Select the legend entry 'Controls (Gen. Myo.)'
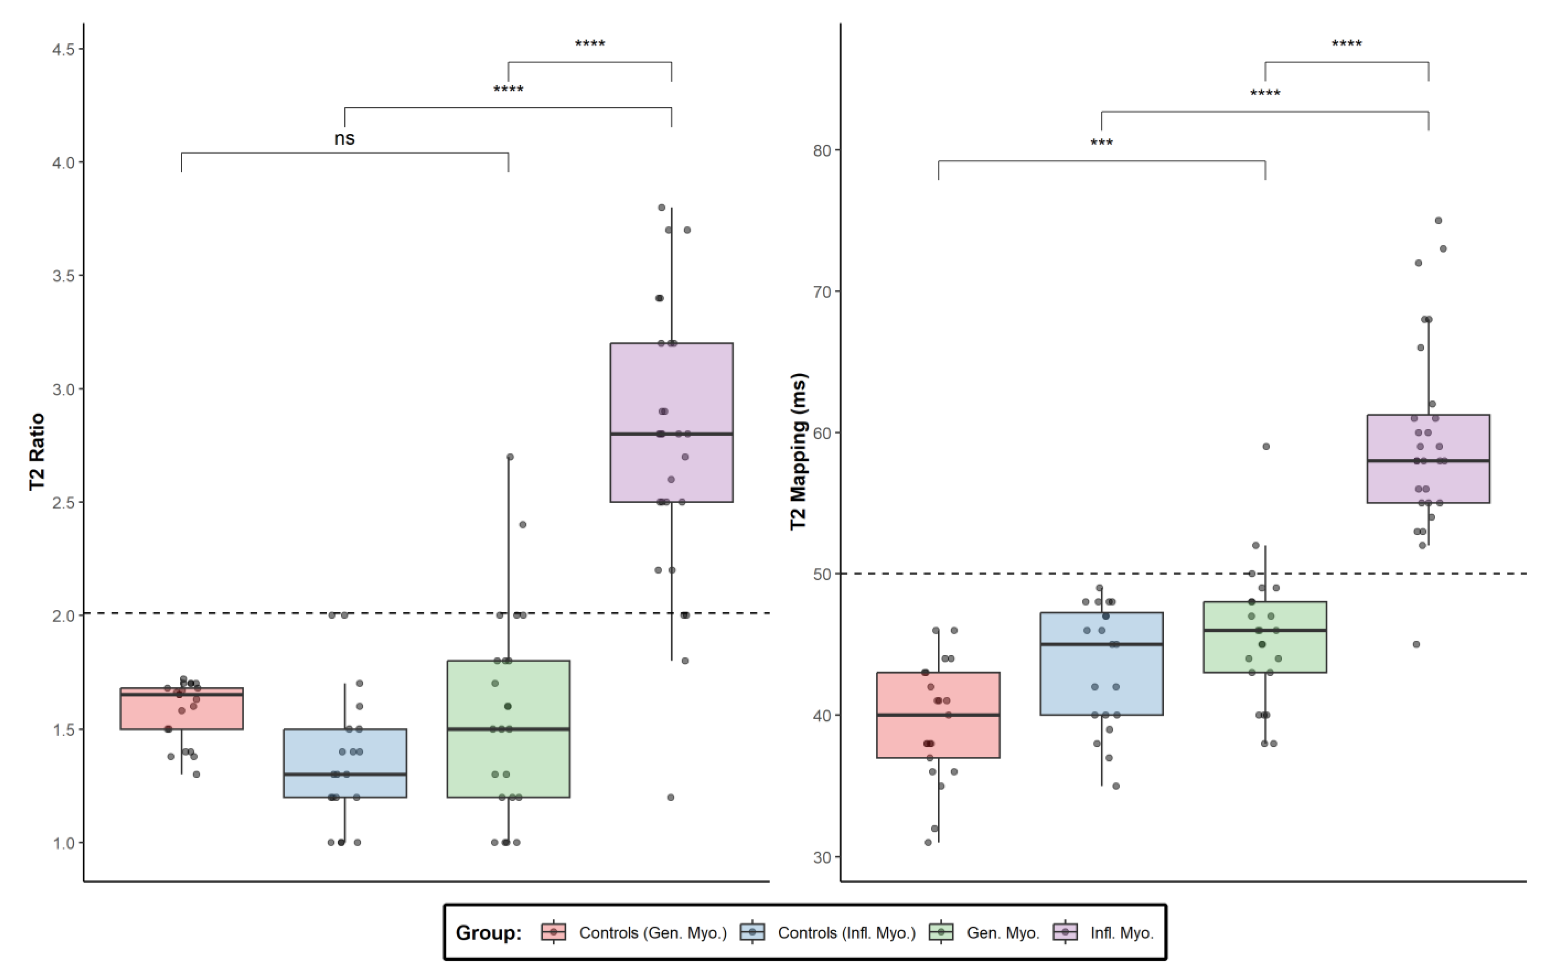[x=652, y=933]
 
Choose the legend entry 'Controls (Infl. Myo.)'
[x=846, y=933]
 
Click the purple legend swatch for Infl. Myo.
[x=1065, y=932]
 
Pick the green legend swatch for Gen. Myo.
[x=941, y=932]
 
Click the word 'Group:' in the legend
[x=488, y=933]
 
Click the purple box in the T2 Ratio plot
[x=671, y=387]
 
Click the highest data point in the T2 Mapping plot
[x=1438, y=221]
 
